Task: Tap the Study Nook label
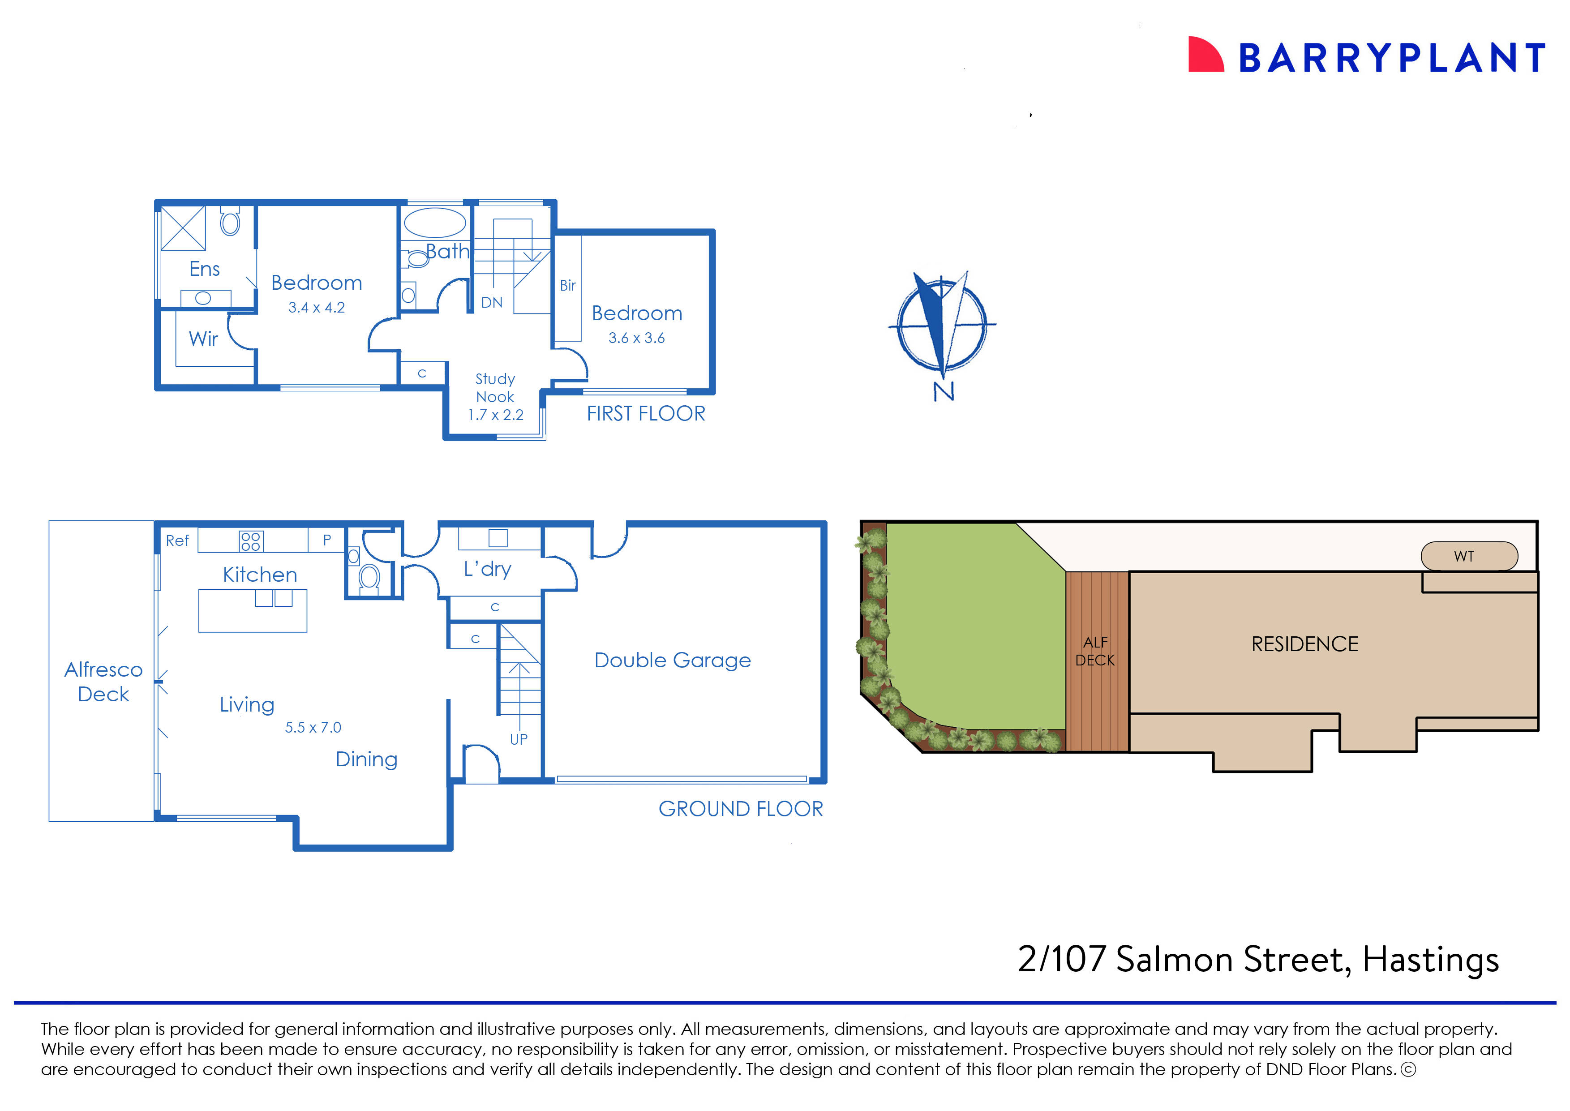click(495, 388)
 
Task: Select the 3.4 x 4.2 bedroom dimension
click(316, 308)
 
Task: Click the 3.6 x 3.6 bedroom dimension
click(636, 338)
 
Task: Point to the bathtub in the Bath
click(435, 223)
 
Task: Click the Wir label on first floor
click(203, 339)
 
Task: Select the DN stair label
click(491, 302)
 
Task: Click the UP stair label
click(519, 739)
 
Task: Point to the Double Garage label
click(673, 660)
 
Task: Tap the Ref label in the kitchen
click(177, 540)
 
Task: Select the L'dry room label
click(487, 569)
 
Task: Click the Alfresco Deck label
click(103, 682)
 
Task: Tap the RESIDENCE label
click(1304, 644)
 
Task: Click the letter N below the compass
click(944, 392)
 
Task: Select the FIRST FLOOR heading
click(645, 414)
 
